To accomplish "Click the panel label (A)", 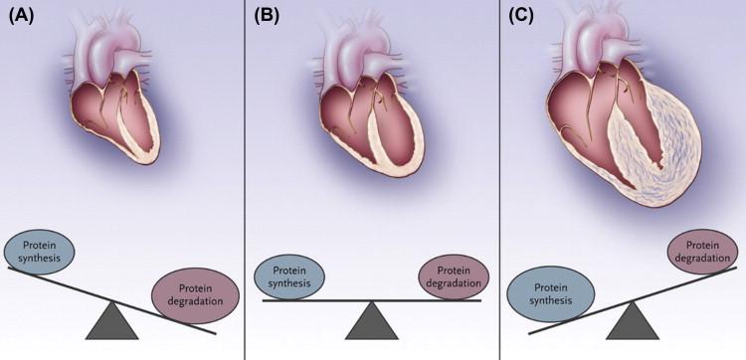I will coord(21,17).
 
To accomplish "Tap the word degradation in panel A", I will coord(195,301).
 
